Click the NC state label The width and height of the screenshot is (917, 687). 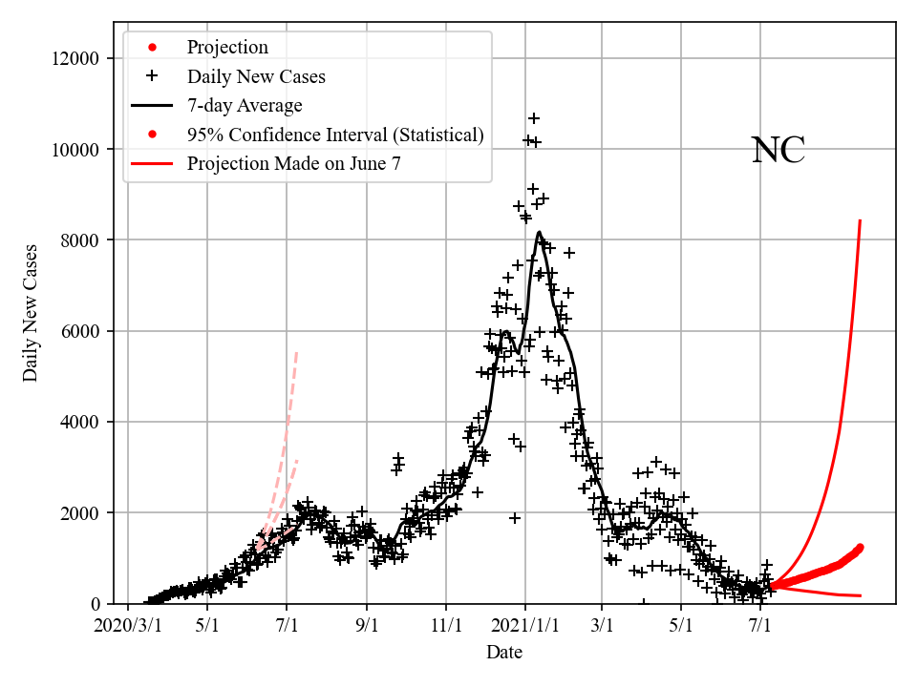pos(778,151)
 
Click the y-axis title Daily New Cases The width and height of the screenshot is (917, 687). pos(31,313)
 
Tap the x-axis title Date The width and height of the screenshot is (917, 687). pos(503,653)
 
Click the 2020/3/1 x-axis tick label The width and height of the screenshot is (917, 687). pos(127,628)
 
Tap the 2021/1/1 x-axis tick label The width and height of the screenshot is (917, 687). pos(524,628)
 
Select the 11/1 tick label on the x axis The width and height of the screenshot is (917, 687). pos(446,628)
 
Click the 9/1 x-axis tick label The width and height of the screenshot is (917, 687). pos(367,628)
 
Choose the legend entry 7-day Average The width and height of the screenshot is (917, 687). pos(245,106)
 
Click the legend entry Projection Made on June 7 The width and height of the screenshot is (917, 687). pos(293,163)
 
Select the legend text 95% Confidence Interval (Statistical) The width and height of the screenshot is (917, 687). pos(335,135)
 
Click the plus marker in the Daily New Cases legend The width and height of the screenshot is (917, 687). pos(151,76)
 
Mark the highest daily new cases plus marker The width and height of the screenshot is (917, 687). pos(534,118)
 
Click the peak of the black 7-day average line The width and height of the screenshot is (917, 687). pos(540,232)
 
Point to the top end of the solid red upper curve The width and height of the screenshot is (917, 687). pos(861,220)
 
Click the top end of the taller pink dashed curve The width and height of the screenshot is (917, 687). pos(297,351)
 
